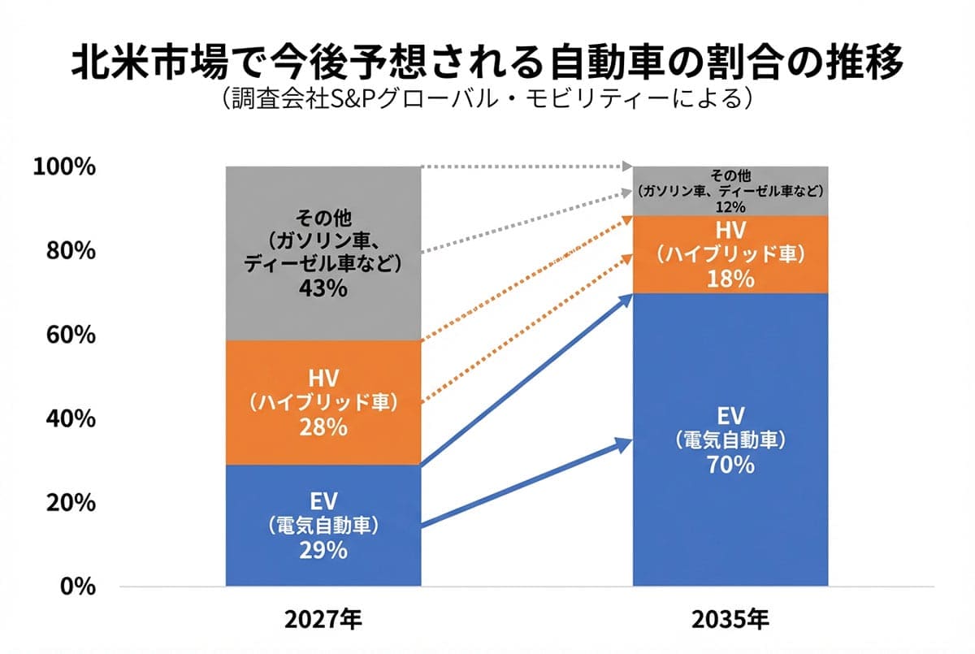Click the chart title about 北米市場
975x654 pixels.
coord(487,63)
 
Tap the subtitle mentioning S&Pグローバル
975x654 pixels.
coord(487,100)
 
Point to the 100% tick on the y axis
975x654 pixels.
coord(64,167)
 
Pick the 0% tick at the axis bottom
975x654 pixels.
coord(77,586)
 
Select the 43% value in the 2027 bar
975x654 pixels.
coord(323,288)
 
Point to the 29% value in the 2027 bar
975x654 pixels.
coord(323,551)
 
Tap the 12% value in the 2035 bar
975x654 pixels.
coord(730,206)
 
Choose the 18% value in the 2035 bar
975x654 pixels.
coord(730,279)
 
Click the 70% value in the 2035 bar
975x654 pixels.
coord(730,466)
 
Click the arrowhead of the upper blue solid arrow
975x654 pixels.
coord(626,298)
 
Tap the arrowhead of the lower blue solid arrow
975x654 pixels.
coord(626,443)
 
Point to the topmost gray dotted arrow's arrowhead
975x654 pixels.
coord(627,167)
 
